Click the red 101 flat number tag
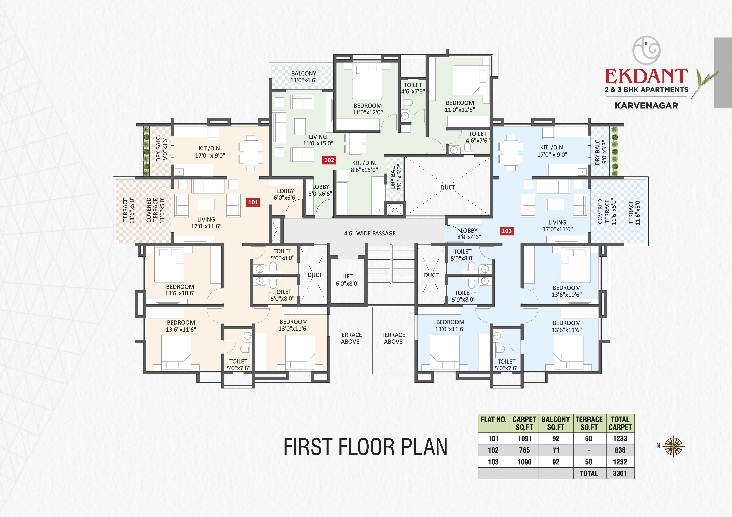tap(253, 202)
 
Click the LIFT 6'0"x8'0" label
tap(347, 280)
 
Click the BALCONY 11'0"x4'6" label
tap(303, 77)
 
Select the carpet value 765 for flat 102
tap(524, 450)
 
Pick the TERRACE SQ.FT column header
tap(589, 423)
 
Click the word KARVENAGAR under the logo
tap(646, 105)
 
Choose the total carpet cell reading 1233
tap(620, 439)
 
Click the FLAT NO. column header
tap(493, 419)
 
